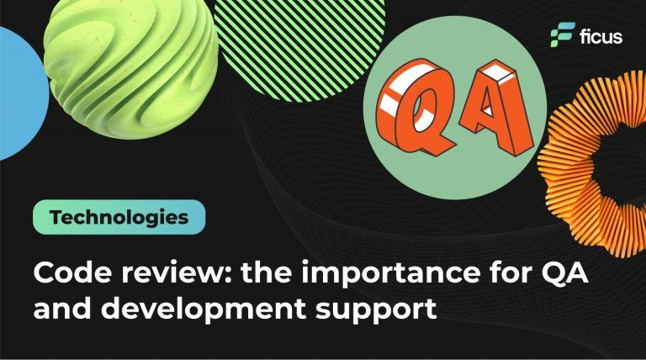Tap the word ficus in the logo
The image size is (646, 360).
(x=599, y=36)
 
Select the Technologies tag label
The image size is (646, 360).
(x=119, y=218)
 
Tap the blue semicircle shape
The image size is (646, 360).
(x=19, y=93)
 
